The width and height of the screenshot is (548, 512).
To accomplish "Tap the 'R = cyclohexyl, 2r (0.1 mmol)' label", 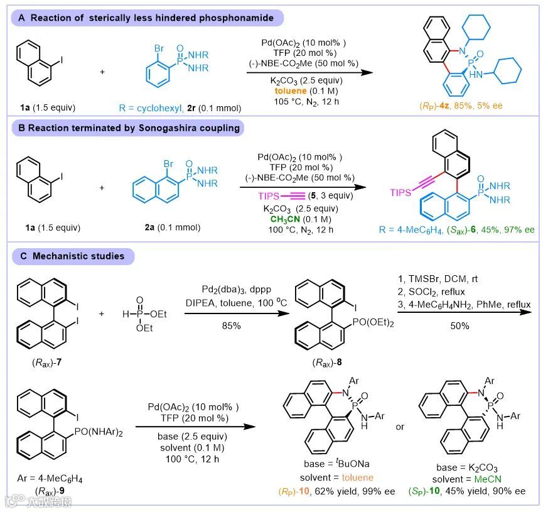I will coord(178,107).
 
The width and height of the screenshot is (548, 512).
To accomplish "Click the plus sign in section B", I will coord(102,188).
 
